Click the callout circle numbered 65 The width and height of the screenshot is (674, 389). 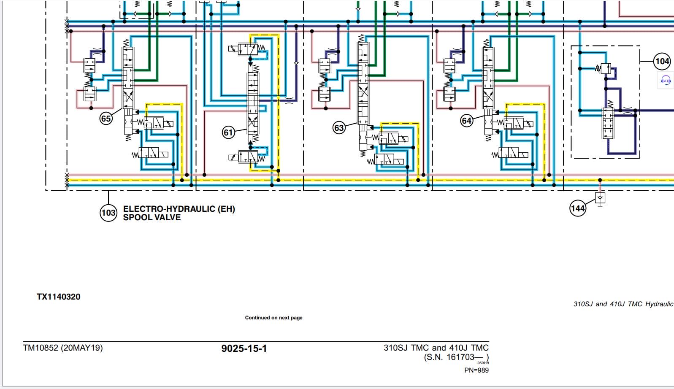pos(106,118)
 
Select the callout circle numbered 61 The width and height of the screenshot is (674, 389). pos(228,132)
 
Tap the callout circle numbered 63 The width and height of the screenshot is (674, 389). pos(339,127)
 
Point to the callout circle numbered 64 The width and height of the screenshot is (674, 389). pos(466,121)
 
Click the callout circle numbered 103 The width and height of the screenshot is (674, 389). pos(108,213)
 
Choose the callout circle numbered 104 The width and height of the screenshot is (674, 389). pos(662,62)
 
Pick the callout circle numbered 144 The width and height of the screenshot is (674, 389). pos(577,208)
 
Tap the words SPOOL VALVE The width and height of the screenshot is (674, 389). pos(152,218)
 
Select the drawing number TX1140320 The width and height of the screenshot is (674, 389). pos(58,297)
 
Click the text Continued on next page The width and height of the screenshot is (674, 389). pos(273,318)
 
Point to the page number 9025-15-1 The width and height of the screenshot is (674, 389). pos(244,348)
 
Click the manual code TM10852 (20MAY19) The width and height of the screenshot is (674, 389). pos(63,348)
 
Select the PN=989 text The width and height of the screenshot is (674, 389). pos(476,370)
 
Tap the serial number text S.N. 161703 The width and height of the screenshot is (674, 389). pos(455,357)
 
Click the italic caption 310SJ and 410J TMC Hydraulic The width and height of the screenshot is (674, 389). pos(623,304)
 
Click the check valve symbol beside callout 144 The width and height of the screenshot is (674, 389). pos(600,197)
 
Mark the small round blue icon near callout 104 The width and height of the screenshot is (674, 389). pos(666,80)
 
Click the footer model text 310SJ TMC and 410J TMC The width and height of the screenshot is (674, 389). pos(436,348)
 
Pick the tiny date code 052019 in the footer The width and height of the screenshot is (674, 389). pos(483,363)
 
